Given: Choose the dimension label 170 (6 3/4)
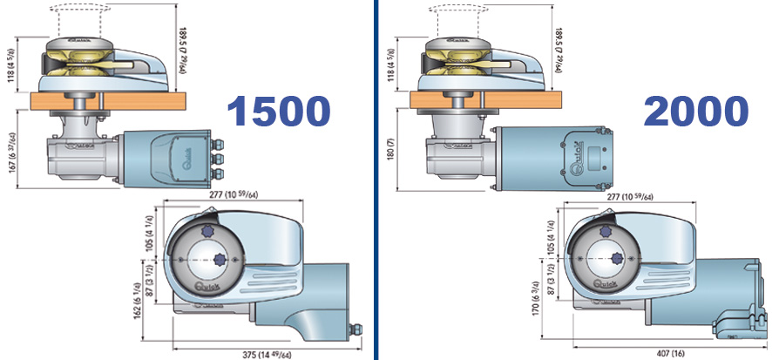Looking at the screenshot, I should (533, 299).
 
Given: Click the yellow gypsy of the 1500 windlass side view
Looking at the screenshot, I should (81, 65).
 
